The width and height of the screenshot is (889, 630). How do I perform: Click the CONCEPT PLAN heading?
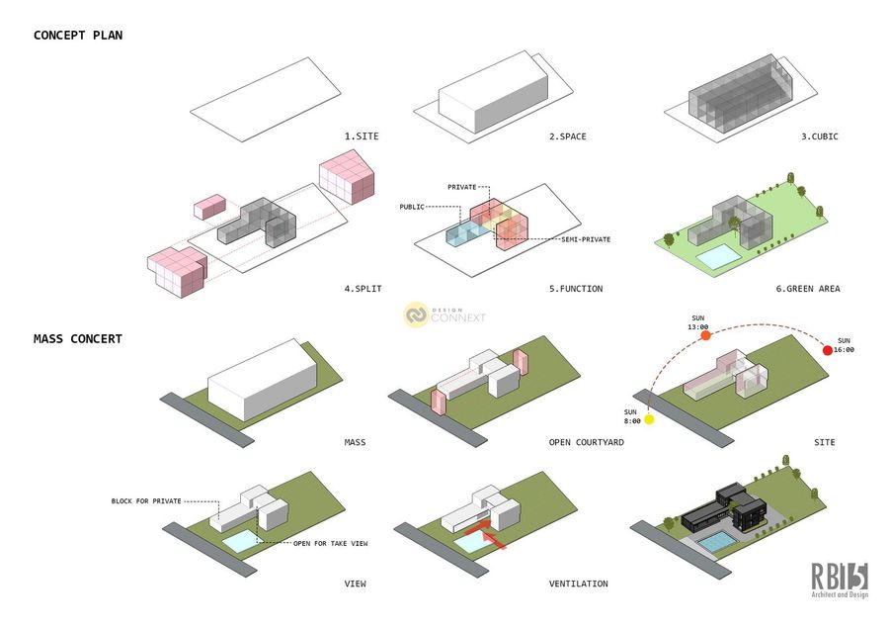(x=78, y=36)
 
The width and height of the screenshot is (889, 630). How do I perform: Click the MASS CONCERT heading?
(x=78, y=339)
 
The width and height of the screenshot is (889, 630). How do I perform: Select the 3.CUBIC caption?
(x=819, y=135)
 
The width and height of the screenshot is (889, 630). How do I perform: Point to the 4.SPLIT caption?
(x=363, y=289)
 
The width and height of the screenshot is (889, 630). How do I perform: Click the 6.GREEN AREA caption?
(x=807, y=289)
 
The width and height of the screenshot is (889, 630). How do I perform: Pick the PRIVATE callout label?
(x=462, y=186)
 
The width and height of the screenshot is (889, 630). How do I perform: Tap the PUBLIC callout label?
(x=412, y=207)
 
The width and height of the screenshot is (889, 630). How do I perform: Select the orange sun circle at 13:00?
(x=706, y=336)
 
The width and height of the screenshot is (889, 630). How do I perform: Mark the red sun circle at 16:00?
(x=829, y=350)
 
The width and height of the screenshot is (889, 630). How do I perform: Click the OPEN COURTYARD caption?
(x=586, y=442)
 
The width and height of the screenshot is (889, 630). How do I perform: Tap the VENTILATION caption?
(x=579, y=584)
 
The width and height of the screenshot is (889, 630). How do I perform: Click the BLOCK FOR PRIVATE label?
(x=146, y=501)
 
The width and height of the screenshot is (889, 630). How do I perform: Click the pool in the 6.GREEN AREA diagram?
(x=718, y=257)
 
